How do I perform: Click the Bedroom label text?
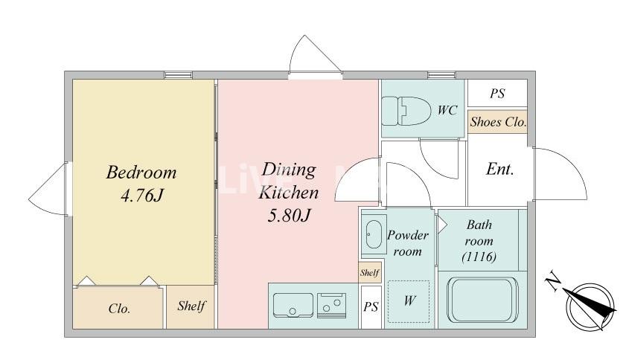pos(141,173)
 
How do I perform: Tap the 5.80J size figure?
pos(289,216)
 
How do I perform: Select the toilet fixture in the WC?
pos(406,111)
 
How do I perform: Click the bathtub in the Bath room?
pos(482,299)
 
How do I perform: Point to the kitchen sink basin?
pos(293,305)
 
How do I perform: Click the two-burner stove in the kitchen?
pos(331,305)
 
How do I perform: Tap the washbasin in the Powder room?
pos(374,235)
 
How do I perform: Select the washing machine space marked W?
pos(409,301)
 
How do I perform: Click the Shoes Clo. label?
pos(498,122)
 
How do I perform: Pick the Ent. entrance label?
pos(500,169)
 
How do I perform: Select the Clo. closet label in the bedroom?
pos(119,309)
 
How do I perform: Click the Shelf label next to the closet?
pos(191,306)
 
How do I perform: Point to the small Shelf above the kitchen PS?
pos(370,273)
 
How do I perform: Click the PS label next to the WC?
pos(497,94)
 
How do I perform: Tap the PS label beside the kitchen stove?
pos(371,306)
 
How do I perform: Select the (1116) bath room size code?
pos(479,256)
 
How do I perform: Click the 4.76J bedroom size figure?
pos(141,196)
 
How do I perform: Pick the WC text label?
pos(447,110)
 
